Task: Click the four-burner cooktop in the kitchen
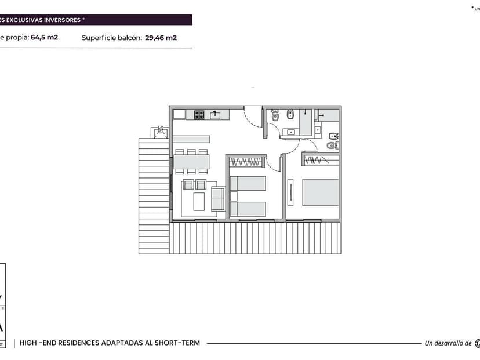click(199, 115)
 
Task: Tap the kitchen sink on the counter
click(215, 115)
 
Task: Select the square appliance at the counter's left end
click(179, 114)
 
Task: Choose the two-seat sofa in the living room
click(218, 199)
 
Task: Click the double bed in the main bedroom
click(320, 192)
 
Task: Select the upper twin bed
click(248, 183)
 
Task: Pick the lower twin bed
click(248, 209)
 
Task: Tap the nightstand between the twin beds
click(234, 196)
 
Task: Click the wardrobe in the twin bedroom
click(246, 161)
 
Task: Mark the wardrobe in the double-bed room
click(319, 159)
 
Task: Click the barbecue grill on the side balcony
click(158, 132)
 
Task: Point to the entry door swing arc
click(253, 116)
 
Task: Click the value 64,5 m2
click(45, 38)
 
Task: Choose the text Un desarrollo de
click(448, 343)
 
